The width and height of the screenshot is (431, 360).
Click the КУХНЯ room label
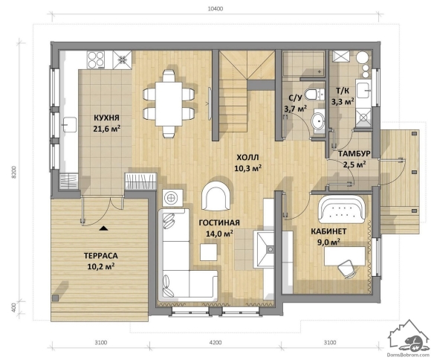pos(107,118)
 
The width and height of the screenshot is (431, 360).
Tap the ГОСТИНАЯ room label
pos(219,222)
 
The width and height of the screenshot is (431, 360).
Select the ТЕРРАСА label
pos(101,256)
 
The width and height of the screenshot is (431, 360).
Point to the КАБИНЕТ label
pos(328,231)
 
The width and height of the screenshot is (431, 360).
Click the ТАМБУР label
pos(354,153)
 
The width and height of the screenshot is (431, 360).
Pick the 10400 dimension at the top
pos(215,9)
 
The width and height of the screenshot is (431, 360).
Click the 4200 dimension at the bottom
pos(215,343)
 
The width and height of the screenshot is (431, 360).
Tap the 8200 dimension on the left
pos(14,173)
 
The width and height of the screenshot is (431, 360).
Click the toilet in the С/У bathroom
pos(314,94)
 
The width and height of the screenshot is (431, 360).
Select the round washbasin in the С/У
pos(318,120)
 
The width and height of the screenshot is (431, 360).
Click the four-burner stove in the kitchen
pos(96,60)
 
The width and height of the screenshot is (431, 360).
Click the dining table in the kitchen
pos(169,104)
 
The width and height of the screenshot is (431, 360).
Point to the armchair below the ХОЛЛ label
pos(216,196)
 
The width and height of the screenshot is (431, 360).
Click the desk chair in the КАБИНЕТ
pos(346,268)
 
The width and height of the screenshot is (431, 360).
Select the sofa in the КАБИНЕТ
pos(343,209)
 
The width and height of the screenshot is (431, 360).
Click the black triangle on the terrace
pos(103,228)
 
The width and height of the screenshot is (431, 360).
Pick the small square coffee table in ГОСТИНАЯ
pos(209,252)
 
